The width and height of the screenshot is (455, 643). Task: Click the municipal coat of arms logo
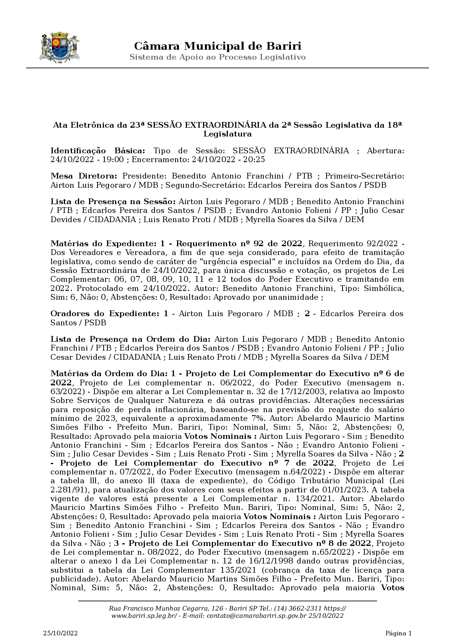click(59, 48)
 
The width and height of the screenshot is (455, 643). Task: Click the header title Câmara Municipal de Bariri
click(218, 46)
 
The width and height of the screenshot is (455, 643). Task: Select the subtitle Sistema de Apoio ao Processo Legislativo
click(218, 57)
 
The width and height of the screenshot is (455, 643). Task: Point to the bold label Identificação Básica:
click(98, 151)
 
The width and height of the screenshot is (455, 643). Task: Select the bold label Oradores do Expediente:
click(104, 314)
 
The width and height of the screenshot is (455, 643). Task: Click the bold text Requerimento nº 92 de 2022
click(239, 244)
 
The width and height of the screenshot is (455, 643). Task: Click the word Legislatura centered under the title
click(227, 134)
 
